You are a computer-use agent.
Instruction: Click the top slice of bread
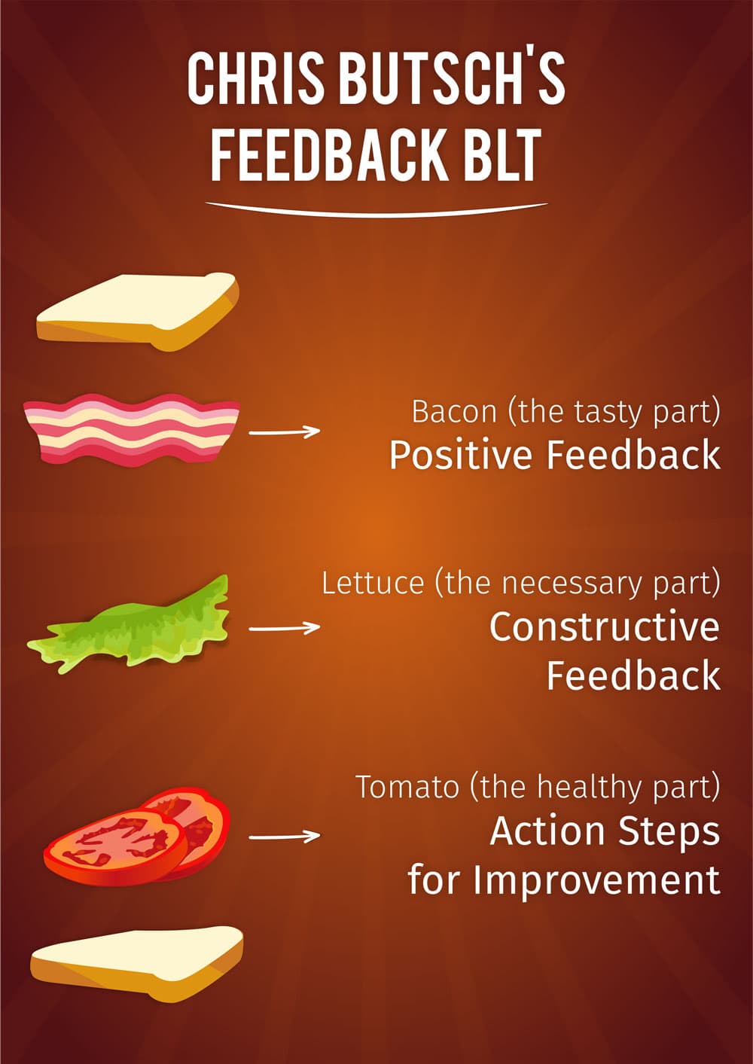pos(138,311)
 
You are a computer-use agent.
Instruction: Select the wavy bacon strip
pos(132,429)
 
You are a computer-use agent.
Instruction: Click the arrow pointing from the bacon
pos(285,431)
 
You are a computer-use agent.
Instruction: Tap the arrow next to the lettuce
pos(285,628)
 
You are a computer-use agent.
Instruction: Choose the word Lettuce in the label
pos(373,583)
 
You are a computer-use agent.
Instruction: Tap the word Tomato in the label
pos(407,787)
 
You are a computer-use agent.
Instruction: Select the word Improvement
pos(596,880)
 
